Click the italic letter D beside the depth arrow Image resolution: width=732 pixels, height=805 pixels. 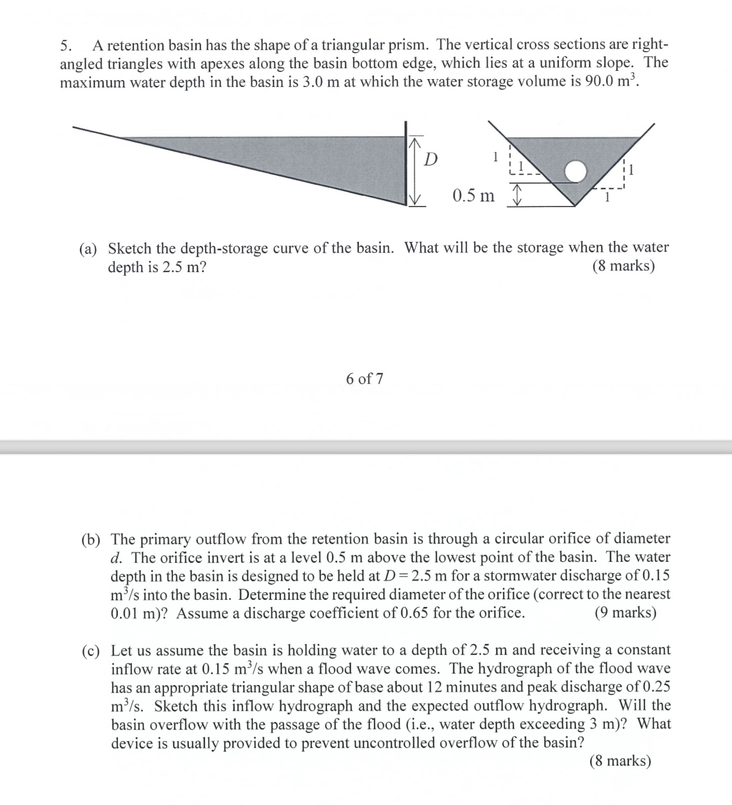(x=430, y=159)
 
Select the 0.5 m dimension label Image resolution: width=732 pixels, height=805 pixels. (x=473, y=196)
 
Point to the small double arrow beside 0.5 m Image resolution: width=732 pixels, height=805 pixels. (x=516, y=197)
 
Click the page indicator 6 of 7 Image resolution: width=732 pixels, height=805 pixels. (x=364, y=379)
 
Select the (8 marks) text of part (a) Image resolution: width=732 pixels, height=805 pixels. (x=623, y=266)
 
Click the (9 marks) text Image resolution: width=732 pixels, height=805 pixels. (x=625, y=612)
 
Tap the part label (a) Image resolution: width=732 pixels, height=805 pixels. (x=88, y=248)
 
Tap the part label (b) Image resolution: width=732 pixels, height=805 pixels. (x=91, y=539)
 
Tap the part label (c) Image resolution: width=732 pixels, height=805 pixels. (x=91, y=650)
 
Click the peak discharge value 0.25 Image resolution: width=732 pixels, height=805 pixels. (x=656, y=687)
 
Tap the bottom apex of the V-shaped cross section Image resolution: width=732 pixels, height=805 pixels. (x=575, y=205)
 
